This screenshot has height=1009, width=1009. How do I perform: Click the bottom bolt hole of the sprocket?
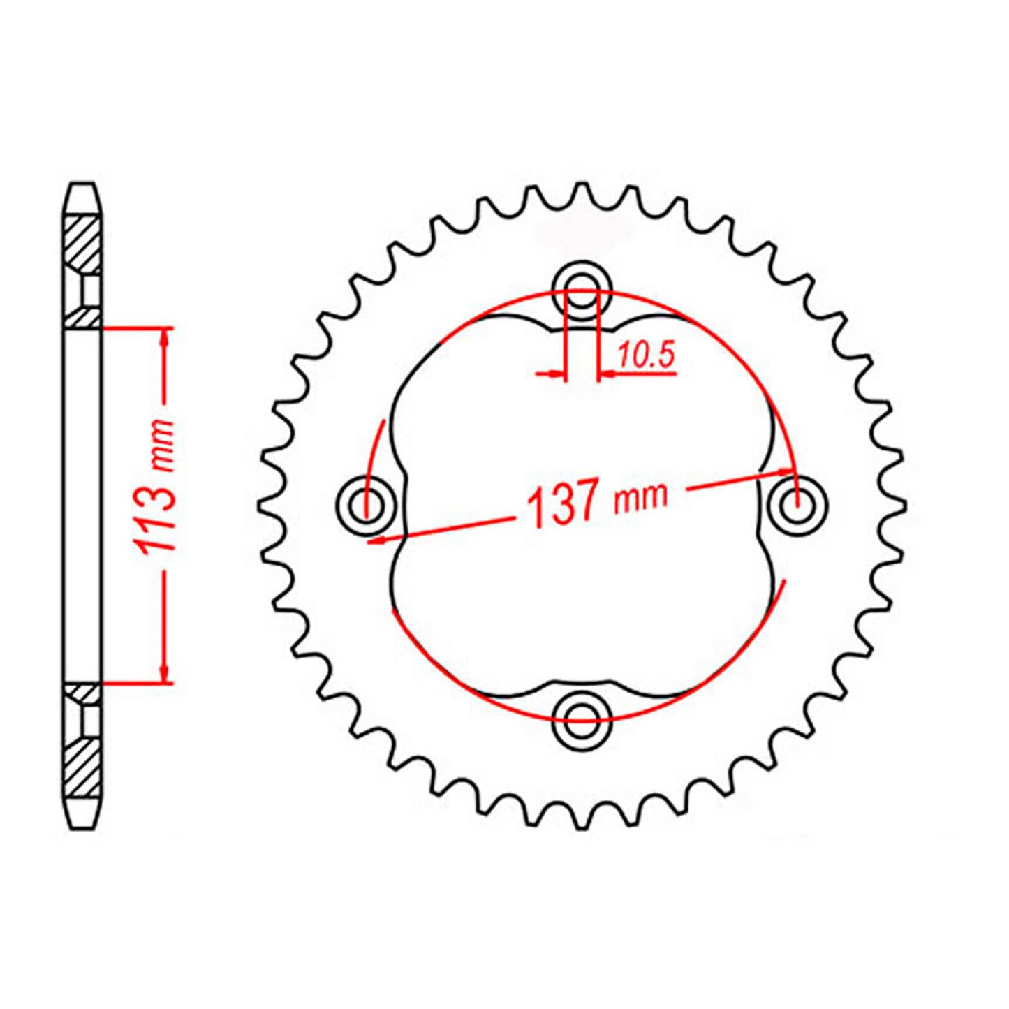coord(581,720)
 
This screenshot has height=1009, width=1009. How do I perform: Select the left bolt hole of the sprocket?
coord(365,505)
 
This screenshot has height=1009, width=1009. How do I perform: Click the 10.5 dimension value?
coord(645,356)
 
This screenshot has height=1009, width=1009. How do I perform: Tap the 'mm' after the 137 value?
coord(640,496)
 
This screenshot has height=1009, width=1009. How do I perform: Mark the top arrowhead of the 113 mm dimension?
coord(165,336)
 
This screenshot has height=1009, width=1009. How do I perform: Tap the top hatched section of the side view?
coord(84,244)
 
